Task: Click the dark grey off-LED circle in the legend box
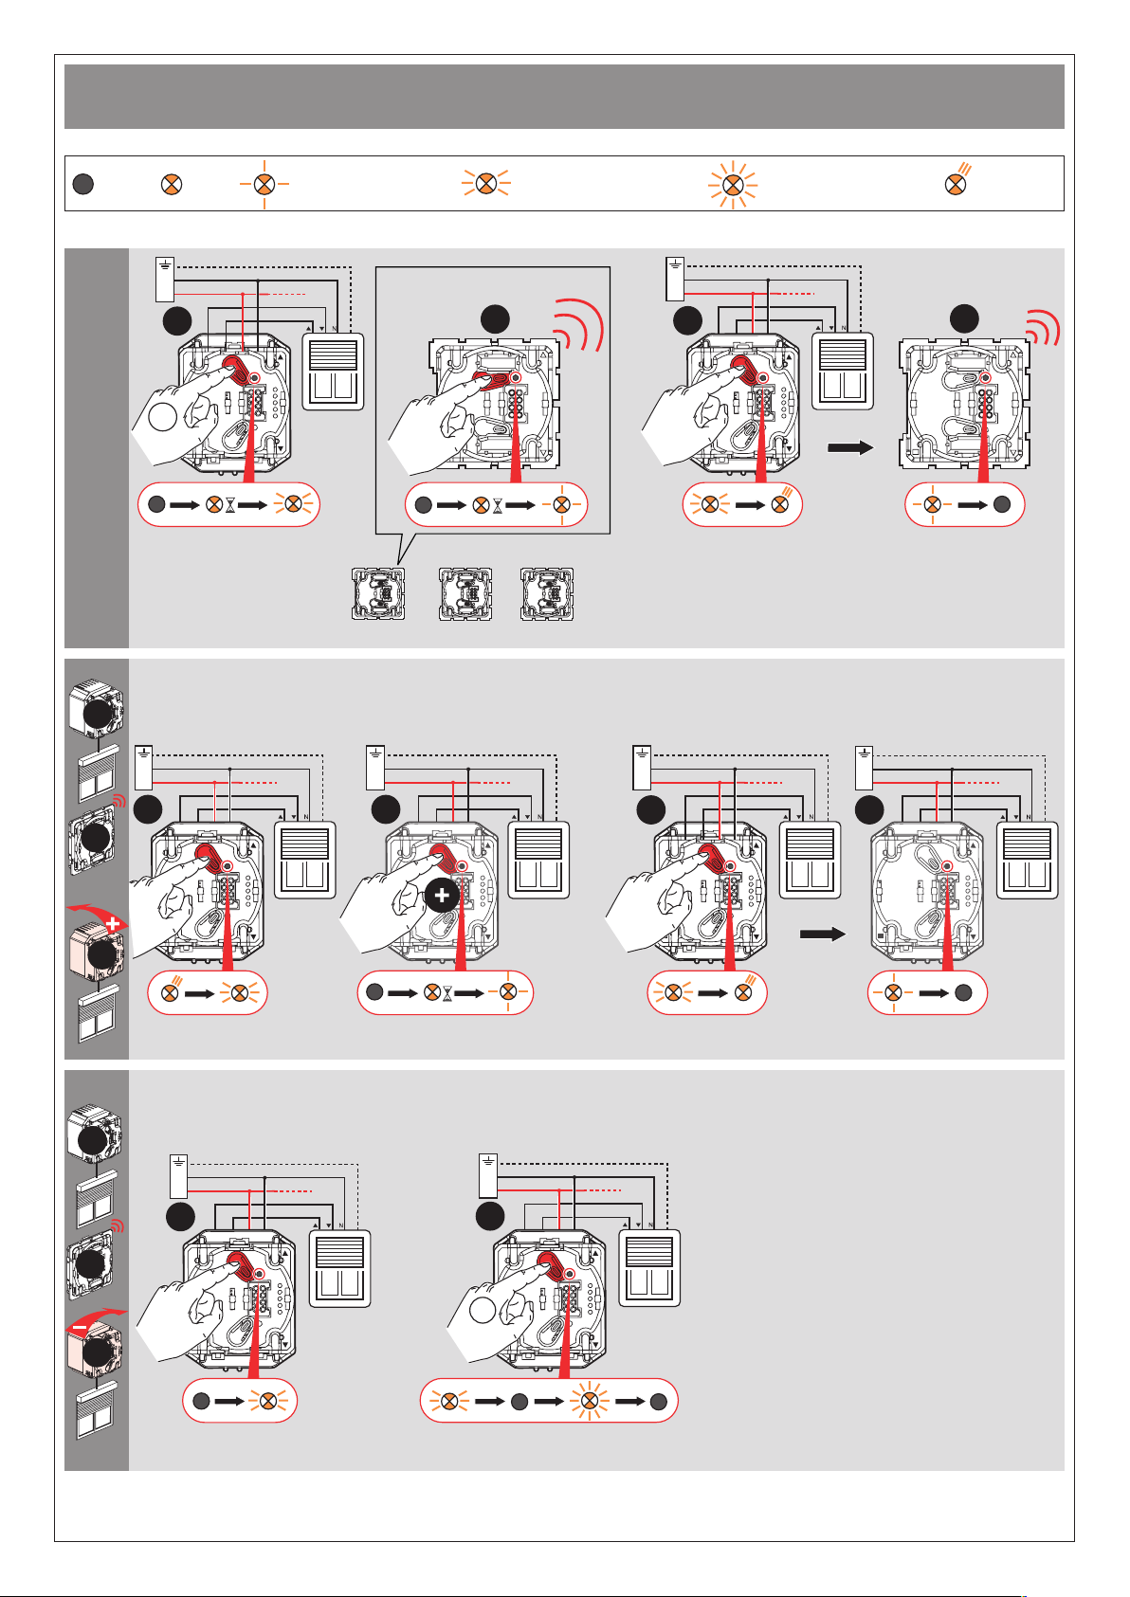83,184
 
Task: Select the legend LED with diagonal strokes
958,182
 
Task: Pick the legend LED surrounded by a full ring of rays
732,184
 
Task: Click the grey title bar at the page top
564,97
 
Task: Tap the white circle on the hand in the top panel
163,417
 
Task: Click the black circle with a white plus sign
442,896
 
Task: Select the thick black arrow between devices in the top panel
850,447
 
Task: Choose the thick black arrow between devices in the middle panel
823,935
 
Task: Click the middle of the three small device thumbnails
465,594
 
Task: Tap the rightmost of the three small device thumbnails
547,594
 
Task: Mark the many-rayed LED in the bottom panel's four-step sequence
589,1401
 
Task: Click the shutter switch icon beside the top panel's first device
333,371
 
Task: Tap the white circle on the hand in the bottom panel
483,1311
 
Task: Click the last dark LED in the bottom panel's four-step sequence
658,1401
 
